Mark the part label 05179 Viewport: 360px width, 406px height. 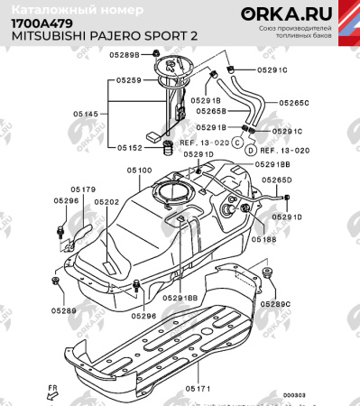pyautogui.click(x=83, y=189)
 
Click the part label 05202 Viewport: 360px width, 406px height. pyautogui.click(x=106, y=203)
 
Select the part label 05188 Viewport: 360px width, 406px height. pyautogui.click(x=263, y=240)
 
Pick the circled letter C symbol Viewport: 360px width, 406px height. pyautogui.click(x=238, y=142)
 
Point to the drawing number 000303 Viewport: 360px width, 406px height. pyautogui.click(x=294, y=394)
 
